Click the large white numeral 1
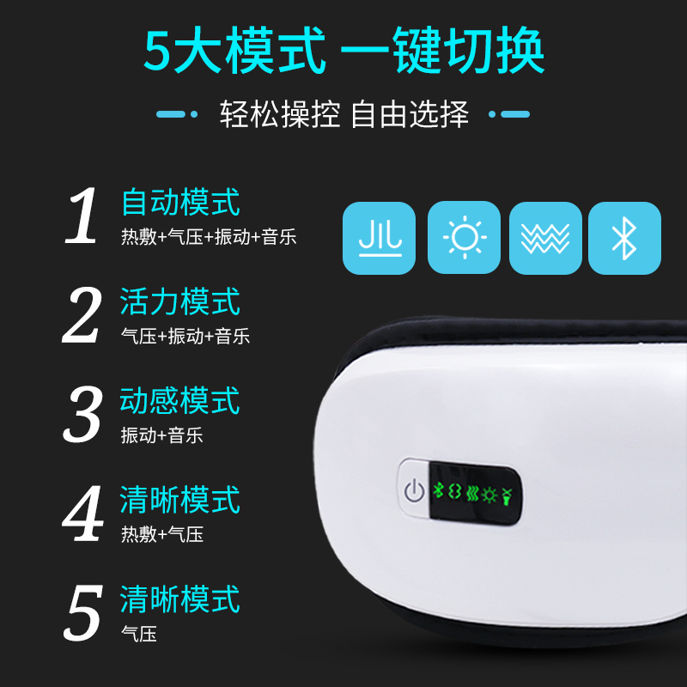82,216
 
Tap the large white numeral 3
82,414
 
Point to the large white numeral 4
82,513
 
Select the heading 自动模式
180,202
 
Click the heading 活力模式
180,301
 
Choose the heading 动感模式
180,400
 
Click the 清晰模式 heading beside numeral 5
180,599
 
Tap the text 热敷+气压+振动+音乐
209,237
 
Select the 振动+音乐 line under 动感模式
162,435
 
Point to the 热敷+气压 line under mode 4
162,534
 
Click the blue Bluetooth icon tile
624,238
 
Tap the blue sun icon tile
464,238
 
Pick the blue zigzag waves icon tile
545,238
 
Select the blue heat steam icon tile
379,238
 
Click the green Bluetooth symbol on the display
438,490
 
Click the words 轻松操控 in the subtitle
280,114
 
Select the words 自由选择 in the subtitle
410,114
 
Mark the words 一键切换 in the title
442,51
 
